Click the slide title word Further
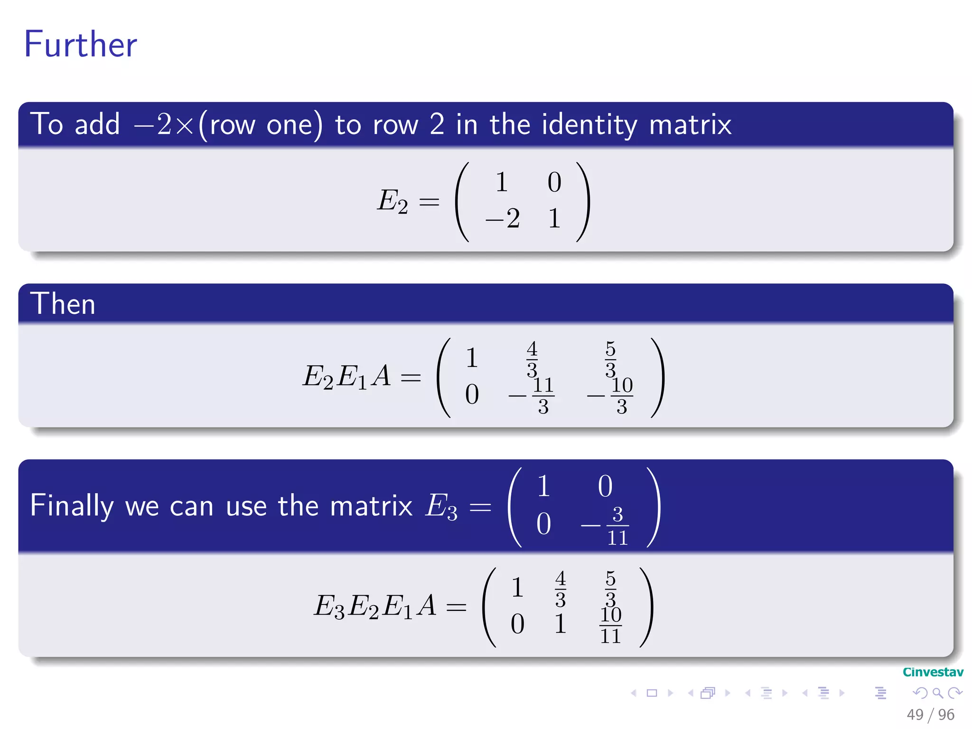(81, 45)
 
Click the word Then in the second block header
(63, 304)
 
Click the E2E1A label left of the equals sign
(347, 377)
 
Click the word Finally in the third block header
(72, 506)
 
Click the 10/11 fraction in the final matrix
(611, 625)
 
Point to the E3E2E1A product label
(375, 607)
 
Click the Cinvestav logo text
(933, 672)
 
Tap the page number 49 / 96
(930, 714)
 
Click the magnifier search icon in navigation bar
(937, 693)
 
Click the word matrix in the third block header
(371, 506)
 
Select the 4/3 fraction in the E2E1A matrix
(532, 359)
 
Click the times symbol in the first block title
(184, 126)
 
